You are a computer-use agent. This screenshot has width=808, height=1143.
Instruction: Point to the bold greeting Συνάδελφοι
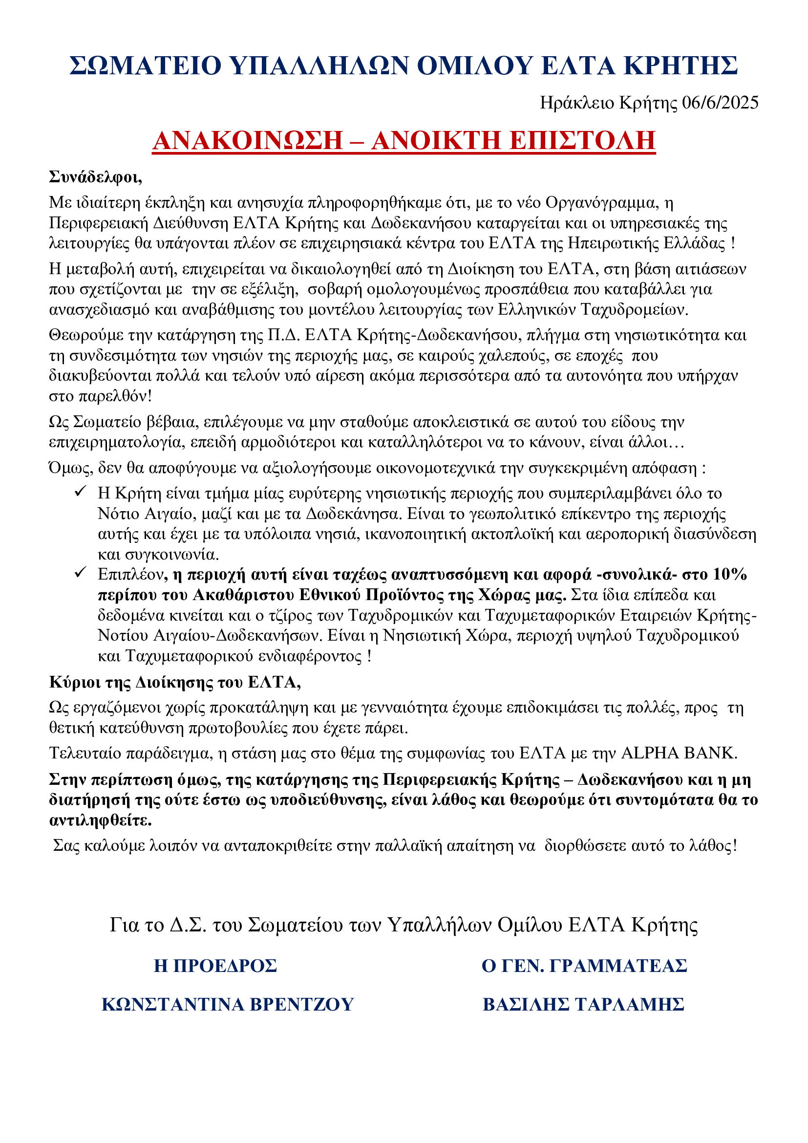click(96, 177)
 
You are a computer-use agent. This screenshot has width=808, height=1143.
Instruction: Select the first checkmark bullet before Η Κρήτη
click(81, 491)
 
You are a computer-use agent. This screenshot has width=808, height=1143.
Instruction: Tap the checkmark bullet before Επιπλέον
click(81, 573)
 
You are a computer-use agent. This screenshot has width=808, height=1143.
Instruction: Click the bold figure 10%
click(730, 575)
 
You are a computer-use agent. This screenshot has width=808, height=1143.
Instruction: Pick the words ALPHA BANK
click(679, 753)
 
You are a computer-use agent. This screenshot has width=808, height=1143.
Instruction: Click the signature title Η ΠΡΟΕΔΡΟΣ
click(215, 966)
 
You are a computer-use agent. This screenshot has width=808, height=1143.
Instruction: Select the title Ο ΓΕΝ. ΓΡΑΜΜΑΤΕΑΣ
click(584, 966)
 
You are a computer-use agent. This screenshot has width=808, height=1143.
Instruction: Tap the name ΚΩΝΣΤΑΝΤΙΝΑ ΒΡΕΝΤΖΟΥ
click(227, 1005)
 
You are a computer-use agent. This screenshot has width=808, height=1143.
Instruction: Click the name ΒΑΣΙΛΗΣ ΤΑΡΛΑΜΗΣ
click(584, 1005)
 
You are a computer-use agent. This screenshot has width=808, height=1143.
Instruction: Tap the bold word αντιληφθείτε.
click(101, 820)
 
